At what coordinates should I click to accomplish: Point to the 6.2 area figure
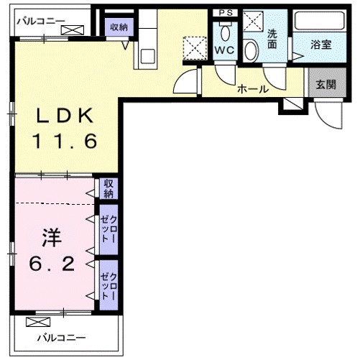(52, 264)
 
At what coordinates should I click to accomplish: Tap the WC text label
(225, 50)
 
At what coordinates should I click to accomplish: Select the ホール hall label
(252, 90)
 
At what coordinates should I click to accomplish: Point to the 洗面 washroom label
(273, 37)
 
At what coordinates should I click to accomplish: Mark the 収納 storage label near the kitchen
(119, 27)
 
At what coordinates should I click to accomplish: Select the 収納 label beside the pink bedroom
(109, 188)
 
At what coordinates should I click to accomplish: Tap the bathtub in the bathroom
(320, 23)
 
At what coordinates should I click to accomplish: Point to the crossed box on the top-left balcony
(71, 30)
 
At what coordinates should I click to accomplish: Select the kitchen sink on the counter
(148, 55)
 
